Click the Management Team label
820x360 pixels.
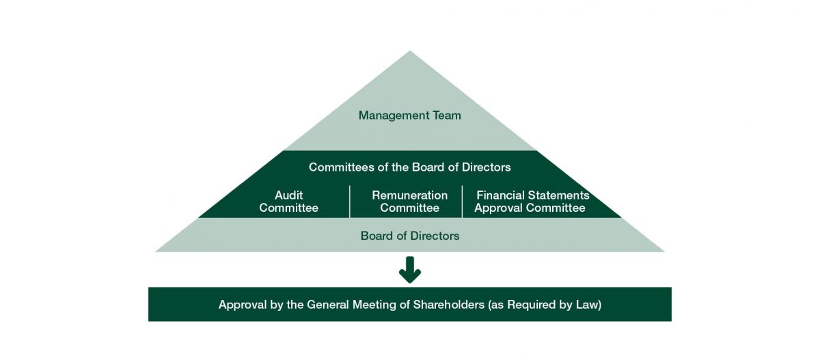[409, 115]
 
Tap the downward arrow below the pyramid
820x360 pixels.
[409, 270]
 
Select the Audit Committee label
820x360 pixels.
[288, 202]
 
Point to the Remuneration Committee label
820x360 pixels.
[409, 202]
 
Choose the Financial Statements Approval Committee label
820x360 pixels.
[531, 202]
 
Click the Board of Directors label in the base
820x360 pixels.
[409, 236]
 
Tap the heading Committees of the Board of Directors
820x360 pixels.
[409, 167]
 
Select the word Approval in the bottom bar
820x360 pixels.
[241, 305]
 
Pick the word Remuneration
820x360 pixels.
[409, 195]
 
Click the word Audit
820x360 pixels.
[288, 195]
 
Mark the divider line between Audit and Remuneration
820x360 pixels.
[349, 202]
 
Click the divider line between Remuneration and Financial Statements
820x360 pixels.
[462, 202]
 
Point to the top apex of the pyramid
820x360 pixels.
[409, 53]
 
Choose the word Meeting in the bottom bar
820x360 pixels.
[373, 305]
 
